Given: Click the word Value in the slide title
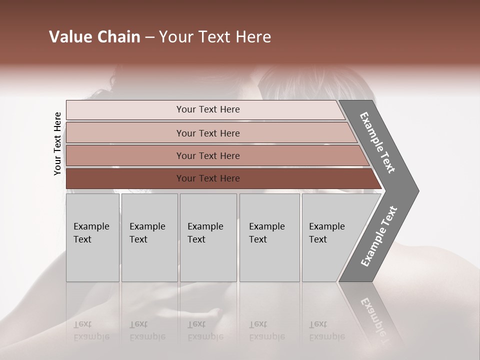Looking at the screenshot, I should tap(69, 37).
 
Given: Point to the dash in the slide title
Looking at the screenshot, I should tap(149, 37).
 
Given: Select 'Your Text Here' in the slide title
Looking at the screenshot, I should tap(215, 37).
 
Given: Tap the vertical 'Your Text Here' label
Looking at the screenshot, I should tap(57, 144).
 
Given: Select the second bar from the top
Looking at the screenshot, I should tap(207, 133).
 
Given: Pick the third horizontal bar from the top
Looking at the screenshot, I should tap(207, 155).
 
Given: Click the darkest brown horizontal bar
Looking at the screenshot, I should tap(207, 178).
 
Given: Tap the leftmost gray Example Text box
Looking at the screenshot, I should tap(92, 237).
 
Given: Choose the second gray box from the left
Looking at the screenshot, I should tap(149, 237).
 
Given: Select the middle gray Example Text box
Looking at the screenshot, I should tap(208, 237).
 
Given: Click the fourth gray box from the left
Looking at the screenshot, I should tap(269, 237).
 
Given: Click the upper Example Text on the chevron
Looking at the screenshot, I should tap(377, 142).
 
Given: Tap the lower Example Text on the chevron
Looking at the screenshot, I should tap(379, 236).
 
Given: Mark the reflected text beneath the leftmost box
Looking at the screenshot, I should tap(90, 330).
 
